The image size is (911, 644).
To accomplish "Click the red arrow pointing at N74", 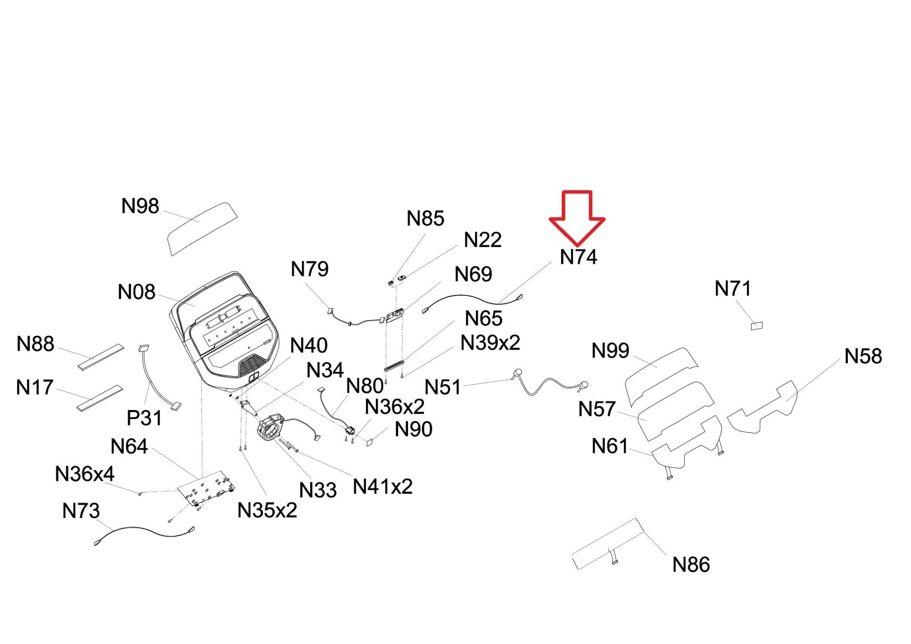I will (x=577, y=217).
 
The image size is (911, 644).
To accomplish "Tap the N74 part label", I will (x=578, y=257).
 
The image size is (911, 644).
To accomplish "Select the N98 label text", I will (x=140, y=206).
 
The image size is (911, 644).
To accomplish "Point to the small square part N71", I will (x=756, y=326).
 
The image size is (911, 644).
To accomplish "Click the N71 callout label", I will (x=733, y=289).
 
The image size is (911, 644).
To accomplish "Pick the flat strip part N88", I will (x=101, y=356).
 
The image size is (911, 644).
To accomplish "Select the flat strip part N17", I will (x=99, y=398).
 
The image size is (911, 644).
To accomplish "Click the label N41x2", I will (x=383, y=487).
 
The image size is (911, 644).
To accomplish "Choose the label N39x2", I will (x=490, y=343).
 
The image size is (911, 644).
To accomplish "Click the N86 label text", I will (x=691, y=565).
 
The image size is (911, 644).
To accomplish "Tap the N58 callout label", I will (x=863, y=356).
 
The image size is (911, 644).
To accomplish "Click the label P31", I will (x=144, y=418).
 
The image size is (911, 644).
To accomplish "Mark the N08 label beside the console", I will (x=137, y=292).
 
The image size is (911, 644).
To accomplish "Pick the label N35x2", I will (x=267, y=510).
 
